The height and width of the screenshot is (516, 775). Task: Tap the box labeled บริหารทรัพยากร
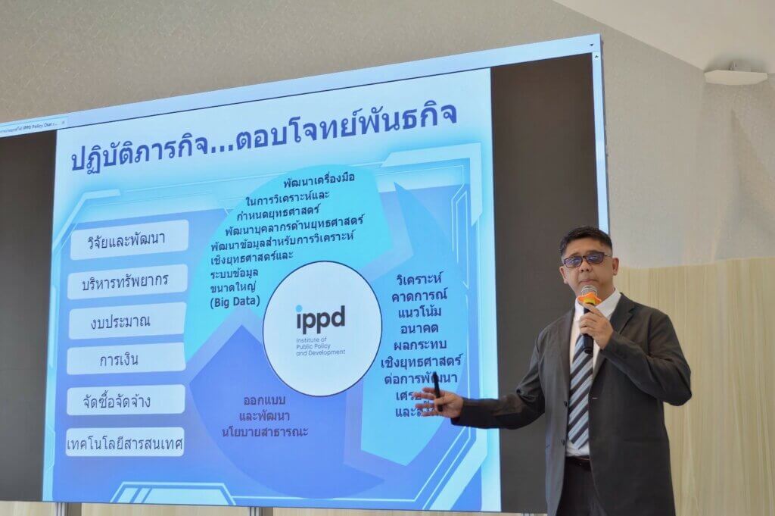point(126,281)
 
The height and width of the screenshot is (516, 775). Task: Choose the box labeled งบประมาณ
point(126,320)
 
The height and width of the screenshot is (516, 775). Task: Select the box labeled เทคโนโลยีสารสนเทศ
point(124,441)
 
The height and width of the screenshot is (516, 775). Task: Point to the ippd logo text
point(320,317)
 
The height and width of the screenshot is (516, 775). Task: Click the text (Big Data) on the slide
point(235,301)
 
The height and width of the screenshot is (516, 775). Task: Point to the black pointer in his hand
point(437,392)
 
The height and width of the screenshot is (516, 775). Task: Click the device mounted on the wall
point(735,76)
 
